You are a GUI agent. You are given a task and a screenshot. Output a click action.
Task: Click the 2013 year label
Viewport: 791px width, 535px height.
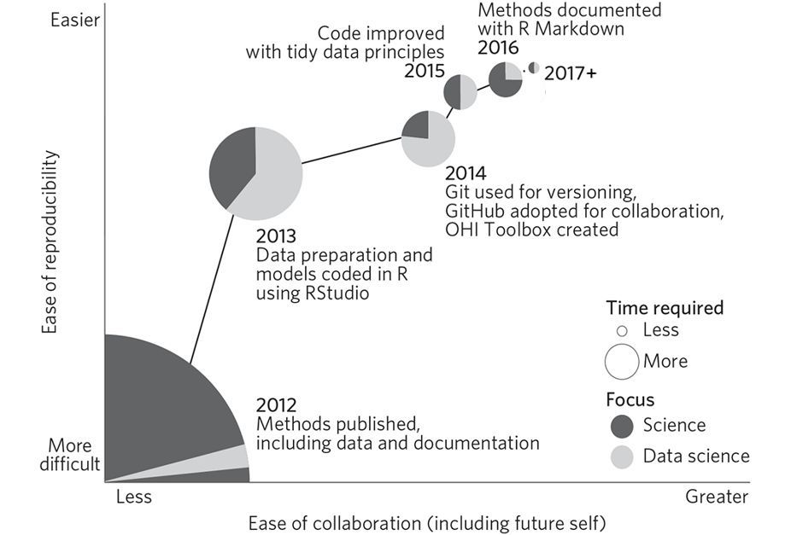(x=276, y=236)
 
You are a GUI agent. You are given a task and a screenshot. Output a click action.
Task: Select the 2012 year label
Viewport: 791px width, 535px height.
(x=276, y=405)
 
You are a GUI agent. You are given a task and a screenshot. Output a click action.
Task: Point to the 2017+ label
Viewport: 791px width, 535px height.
(x=571, y=73)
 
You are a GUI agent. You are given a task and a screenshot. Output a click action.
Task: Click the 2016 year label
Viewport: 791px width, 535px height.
(x=498, y=48)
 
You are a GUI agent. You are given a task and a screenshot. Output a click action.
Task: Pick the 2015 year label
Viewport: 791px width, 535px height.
(x=425, y=71)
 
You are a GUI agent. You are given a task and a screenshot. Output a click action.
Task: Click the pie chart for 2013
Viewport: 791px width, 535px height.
(x=255, y=172)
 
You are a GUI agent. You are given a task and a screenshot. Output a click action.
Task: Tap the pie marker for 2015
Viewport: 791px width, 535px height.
(x=460, y=92)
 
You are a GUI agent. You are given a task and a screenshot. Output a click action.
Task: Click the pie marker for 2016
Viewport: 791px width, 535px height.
(x=506, y=79)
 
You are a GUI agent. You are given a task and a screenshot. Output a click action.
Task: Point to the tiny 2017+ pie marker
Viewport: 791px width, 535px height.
(x=533, y=67)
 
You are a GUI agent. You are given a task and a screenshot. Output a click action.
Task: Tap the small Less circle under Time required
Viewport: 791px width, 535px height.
(x=622, y=330)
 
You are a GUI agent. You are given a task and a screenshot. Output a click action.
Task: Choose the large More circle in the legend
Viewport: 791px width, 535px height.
(x=622, y=361)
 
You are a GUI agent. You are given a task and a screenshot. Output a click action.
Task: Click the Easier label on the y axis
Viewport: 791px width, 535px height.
(x=74, y=20)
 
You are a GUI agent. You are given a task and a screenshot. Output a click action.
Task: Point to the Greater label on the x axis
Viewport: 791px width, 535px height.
(x=716, y=497)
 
